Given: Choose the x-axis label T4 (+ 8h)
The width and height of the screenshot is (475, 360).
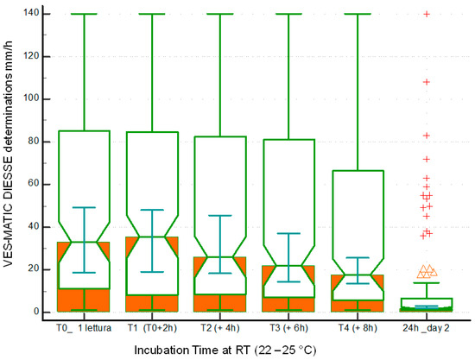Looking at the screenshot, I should pos(358,327).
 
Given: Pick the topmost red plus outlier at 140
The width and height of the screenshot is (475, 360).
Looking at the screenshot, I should pos(427,14).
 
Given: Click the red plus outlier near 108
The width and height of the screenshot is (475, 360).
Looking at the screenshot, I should pos(427,82).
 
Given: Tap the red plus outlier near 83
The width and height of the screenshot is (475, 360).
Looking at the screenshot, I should pos(427,136).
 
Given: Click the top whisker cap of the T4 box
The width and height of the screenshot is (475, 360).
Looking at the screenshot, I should pos(358,14).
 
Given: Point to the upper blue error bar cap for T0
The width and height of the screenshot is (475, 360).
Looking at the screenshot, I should pos(84,207).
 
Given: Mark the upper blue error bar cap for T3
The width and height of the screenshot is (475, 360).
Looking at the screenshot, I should pos(289,233).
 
